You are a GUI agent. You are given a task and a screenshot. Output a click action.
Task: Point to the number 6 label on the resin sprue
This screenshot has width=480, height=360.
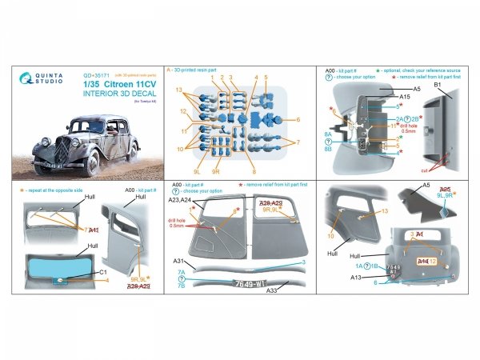tap(297, 119)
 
